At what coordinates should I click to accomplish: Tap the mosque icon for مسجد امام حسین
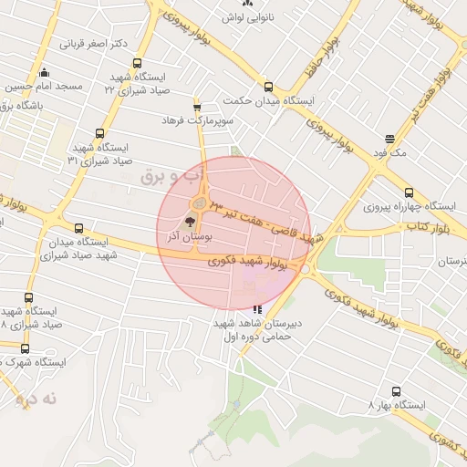[x=45, y=73]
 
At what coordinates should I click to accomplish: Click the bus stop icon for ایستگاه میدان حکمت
[x=267, y=87]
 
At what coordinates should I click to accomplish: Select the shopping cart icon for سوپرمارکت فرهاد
[x=197, y=108]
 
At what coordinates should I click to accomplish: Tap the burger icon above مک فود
[x=390, y=139]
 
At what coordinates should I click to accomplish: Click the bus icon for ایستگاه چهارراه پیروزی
[x=409, y=192]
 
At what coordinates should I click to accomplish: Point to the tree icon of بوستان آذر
[x=190, y=221]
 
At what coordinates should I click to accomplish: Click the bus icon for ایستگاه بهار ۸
[x=396, y=391]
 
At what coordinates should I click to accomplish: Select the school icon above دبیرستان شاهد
[x=257, y=308]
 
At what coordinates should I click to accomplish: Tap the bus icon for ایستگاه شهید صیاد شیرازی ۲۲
[x=137, y=64]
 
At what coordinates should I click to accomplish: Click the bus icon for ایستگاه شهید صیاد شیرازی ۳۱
[x=99, y=133]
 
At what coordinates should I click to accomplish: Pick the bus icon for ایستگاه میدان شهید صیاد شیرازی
[x=78, y=228]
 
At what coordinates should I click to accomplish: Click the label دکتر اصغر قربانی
[x=93, y=43]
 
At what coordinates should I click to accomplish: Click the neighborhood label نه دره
[x=37, y=399]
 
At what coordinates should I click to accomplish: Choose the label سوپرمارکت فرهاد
[x=198, y=120]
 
